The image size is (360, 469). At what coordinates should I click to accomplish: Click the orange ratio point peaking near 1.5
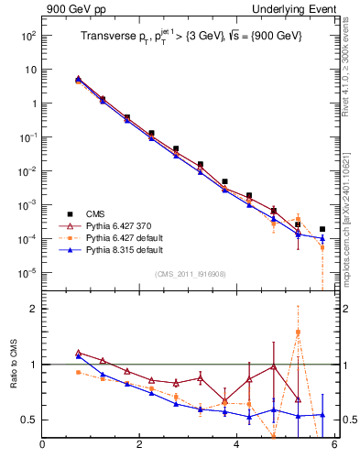(298, 333)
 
